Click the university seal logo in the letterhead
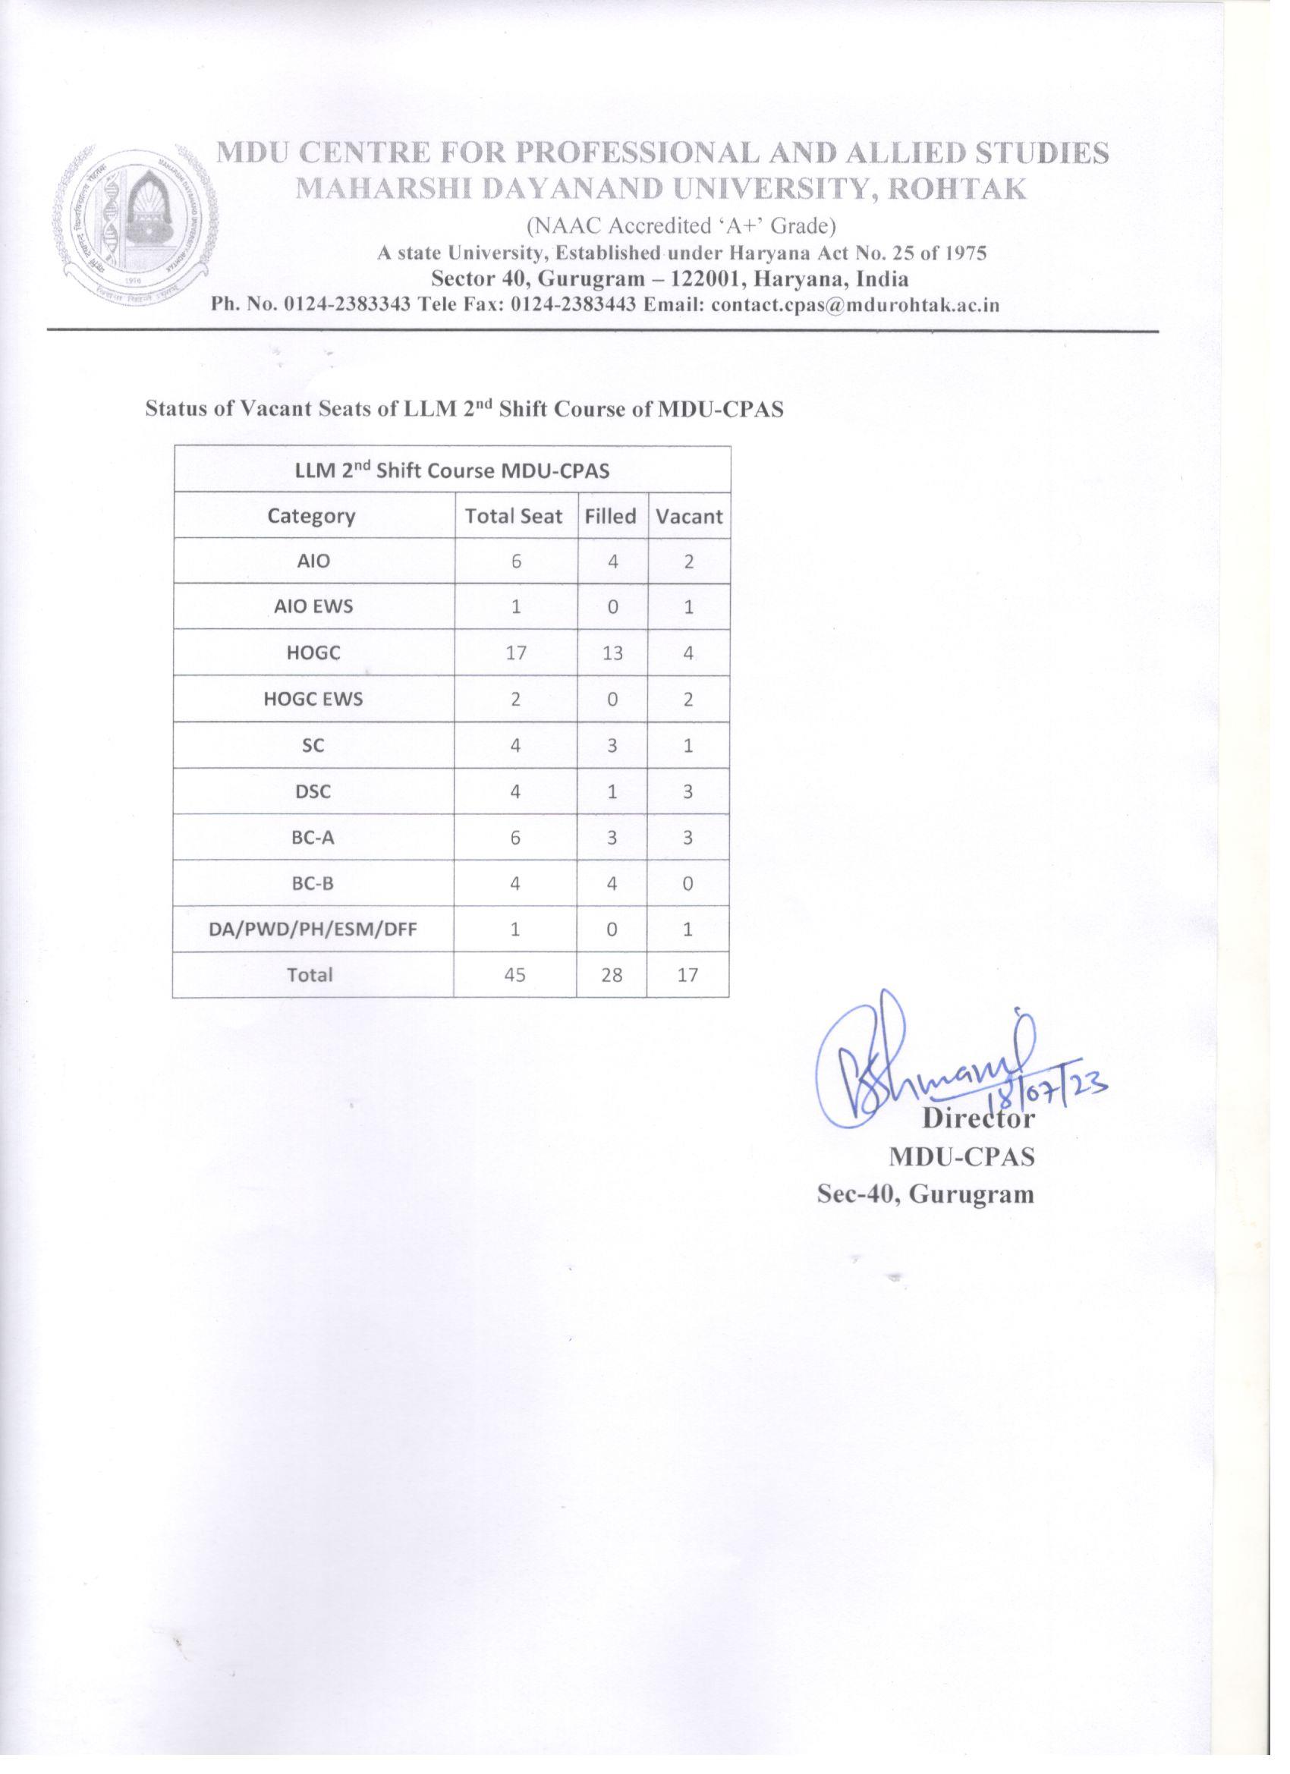134,224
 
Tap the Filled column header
611,516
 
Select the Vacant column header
689,516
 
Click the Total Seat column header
514,516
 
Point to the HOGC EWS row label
313,700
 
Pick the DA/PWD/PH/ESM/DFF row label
313,930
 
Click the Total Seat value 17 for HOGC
515,653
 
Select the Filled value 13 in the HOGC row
612,653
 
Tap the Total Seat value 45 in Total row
514,975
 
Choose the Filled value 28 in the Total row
612,975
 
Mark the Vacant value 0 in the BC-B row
688,884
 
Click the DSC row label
313,791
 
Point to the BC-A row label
313,838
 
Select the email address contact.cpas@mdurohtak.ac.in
856,305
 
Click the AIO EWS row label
313,607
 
